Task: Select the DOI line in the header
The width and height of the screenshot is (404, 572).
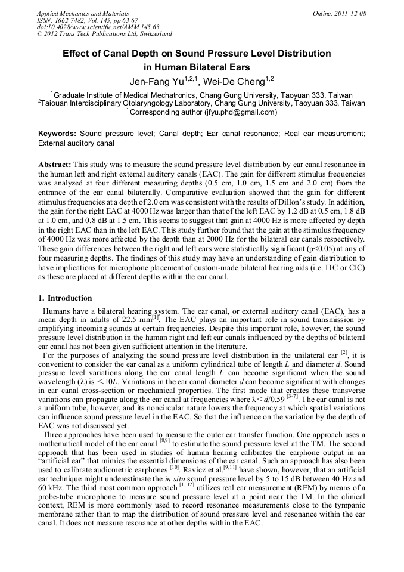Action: point(98,27)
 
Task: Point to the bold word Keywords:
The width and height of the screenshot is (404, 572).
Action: point(58,134)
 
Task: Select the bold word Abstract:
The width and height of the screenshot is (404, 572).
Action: point(55,164)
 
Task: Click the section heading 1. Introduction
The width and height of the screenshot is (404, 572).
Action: point(66,298)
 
